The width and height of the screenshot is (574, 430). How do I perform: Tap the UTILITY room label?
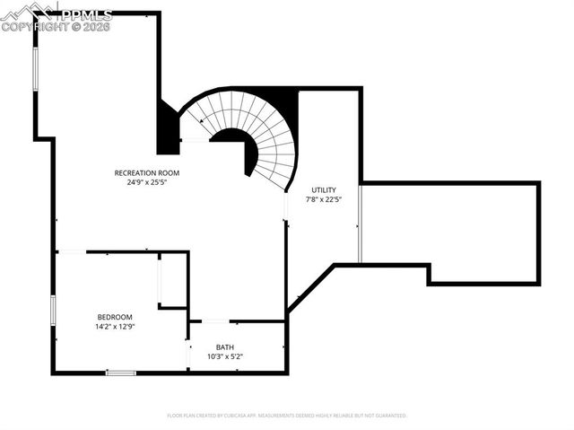pyautogui.click(x=324, y=190)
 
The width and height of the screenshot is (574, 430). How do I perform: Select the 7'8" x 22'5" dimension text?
pyautogui.click(x=324, y=200)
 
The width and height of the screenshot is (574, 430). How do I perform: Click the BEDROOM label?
pyautogui.click(x=115, y=317)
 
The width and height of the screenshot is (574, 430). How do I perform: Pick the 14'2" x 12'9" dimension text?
pyautogui.click(x=115, y=327)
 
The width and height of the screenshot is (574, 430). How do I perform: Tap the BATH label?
pyautogui.click(x=225, y=347)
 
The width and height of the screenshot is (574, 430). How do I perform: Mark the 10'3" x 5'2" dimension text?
pyautogui.click(x=225, y=356)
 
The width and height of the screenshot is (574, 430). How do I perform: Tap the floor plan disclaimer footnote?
pyautogui.click(x=287, y=416)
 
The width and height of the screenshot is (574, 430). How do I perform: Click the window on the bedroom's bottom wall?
pyautogui.click(x=121, y=372)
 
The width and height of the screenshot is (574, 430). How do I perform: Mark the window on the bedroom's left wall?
pyautogui.click(x=53, y=310)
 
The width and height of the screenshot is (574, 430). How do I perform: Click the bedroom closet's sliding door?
pyautogui.click(x=160, y=280)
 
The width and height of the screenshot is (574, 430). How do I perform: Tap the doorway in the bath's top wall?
pyautogui.click(x=215, y=320)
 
